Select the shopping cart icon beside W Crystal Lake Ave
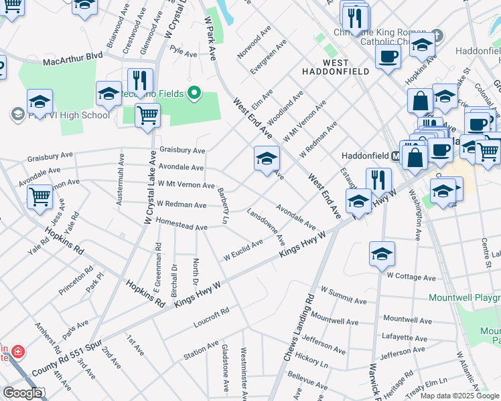(x=147, y=114)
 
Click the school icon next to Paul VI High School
(x=40, y=104)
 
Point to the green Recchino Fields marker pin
(x=195, y=93)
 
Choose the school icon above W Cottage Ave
(x=382, y=254)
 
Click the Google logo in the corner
(x=22, y=393)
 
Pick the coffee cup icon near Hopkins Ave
(x=387, y=57)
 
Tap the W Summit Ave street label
(x=344, y=295)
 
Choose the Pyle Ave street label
(x=184, y=51)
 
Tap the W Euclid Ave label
(x=243, y=249)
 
